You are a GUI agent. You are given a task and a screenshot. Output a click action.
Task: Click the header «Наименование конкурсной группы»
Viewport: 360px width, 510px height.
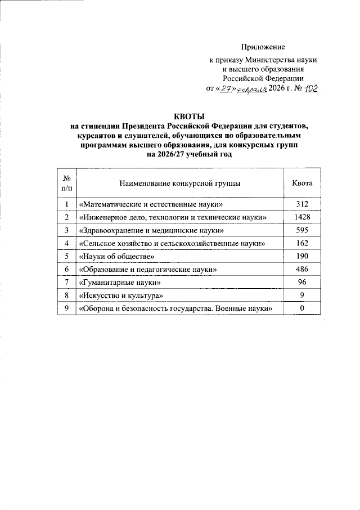[x=179, y=184]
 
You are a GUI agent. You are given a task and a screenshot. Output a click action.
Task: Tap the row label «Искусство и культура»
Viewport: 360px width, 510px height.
[x=122, y=296]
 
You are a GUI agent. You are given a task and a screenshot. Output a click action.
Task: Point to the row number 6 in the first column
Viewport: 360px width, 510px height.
[x=66, y=270]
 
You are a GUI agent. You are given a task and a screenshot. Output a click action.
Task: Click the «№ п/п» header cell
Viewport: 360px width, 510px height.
[x=66, y=184]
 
